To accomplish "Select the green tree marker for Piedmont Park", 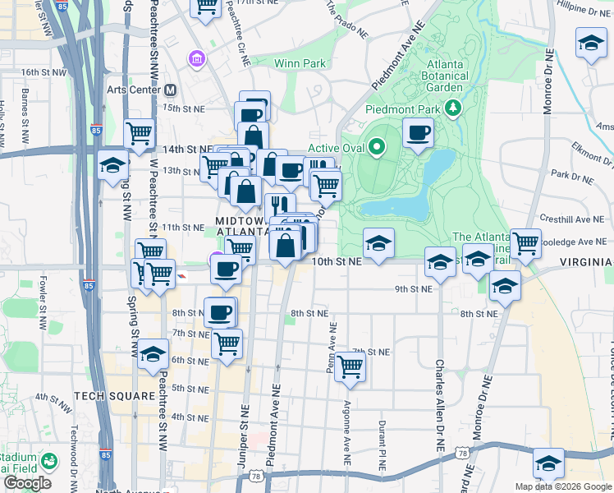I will coord(451,107).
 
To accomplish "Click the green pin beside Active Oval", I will coord(377,148).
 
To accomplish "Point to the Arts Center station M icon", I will coord(171,90).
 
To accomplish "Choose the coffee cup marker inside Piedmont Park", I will coord(419,133).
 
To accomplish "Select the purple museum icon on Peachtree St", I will coord(196,58).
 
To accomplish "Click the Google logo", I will coord(27,483).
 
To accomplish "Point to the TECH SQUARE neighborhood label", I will coord(114,396).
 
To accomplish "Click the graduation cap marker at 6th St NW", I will coord(153,355).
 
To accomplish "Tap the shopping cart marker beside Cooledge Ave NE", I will coord(525,243).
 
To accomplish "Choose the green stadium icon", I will coord(49,462).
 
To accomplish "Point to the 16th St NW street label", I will coord(44,72).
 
